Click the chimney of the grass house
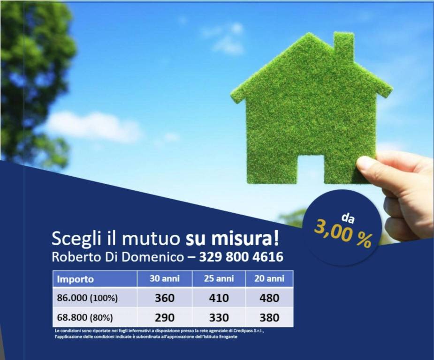(x=343, y=46)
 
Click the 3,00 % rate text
(x=343, y=234)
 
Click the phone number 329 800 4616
(x=241, y=257)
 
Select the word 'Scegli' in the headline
(x=73, y=239)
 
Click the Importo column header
(x=76, y=279)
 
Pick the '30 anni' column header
(x=164, y=278)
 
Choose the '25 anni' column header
(x=219, y=278)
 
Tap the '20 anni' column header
(x=269, y=278)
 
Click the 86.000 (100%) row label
(x=87, y=298)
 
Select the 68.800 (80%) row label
(x=85, y=317)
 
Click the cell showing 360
(x=164, y=298)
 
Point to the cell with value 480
(x=269, y=298)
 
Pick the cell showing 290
(x=164, y=317)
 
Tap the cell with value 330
(x=219, y=317)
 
